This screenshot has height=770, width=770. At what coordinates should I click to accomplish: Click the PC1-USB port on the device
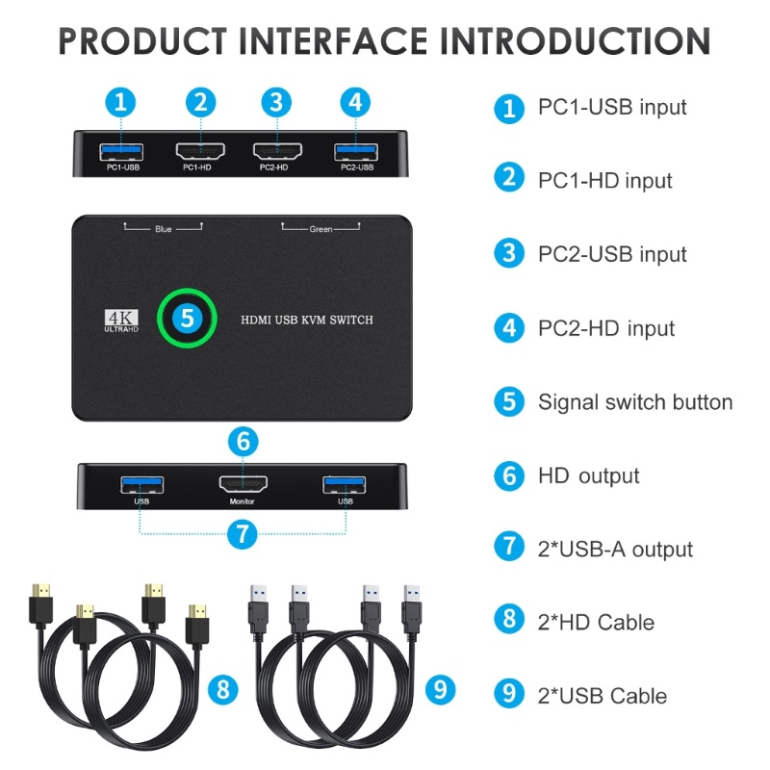pos(121,152)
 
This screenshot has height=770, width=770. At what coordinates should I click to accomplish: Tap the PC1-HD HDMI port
pos(200,151)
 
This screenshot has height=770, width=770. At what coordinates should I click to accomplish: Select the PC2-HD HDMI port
pos(277,151)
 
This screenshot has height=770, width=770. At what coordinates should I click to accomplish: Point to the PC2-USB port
pos(356,152)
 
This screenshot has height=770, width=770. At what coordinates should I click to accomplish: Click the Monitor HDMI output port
pos(244,484)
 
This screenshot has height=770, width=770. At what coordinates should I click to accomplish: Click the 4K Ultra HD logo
pos(121,321)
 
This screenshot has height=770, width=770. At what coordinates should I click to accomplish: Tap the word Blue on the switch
pos(164,229)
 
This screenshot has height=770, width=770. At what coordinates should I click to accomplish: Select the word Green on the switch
pos(321,229)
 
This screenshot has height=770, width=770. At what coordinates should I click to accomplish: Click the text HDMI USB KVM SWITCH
pos(307,321)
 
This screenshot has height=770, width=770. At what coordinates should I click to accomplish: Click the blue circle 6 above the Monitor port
pos(244,441)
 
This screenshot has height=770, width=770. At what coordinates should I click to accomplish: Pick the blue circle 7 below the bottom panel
pos(243,534)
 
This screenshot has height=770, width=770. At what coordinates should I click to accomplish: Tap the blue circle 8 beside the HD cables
pos(223,689)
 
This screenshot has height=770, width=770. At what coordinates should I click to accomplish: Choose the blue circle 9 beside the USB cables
pos(440,689)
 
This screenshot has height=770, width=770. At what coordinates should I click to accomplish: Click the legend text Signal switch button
pos(635,402)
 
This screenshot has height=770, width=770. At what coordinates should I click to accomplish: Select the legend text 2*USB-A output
pos(615,549)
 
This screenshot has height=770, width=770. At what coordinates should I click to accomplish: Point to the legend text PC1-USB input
pos(612,107)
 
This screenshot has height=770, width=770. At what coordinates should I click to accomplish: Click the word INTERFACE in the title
pos(333,40)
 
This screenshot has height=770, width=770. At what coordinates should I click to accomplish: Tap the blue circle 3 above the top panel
pos(276,102)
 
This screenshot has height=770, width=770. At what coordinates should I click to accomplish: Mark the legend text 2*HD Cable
pos(596,622)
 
